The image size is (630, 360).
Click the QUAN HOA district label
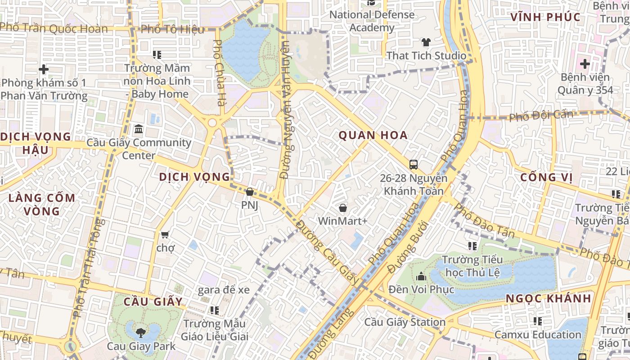click(373, 135)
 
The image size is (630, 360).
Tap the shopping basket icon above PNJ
click(250, 192)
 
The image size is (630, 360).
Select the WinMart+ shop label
click(342, 221)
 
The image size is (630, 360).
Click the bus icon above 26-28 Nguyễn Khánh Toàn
click(414, 165)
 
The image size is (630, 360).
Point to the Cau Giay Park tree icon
click(141, 333)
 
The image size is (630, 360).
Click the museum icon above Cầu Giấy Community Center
click(139, 130)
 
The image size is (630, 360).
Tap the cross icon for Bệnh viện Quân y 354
click(585, 64)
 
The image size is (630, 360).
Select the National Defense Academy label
click(372, 21)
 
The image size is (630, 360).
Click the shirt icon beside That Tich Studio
click(426, 43)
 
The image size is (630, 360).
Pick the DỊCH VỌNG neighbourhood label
click(194, 177)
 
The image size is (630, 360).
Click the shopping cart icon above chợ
click(165, 234)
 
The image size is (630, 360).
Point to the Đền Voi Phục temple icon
click(421, 276)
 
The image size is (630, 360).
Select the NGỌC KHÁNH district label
click(548, 298)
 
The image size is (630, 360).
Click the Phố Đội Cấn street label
click(541, 115)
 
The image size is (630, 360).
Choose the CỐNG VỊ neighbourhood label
click(546, 177)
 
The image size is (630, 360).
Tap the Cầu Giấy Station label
click(405, 322)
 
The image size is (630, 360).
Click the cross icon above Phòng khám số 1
click(44, 69)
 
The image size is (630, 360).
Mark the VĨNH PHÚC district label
click(545, 17)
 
